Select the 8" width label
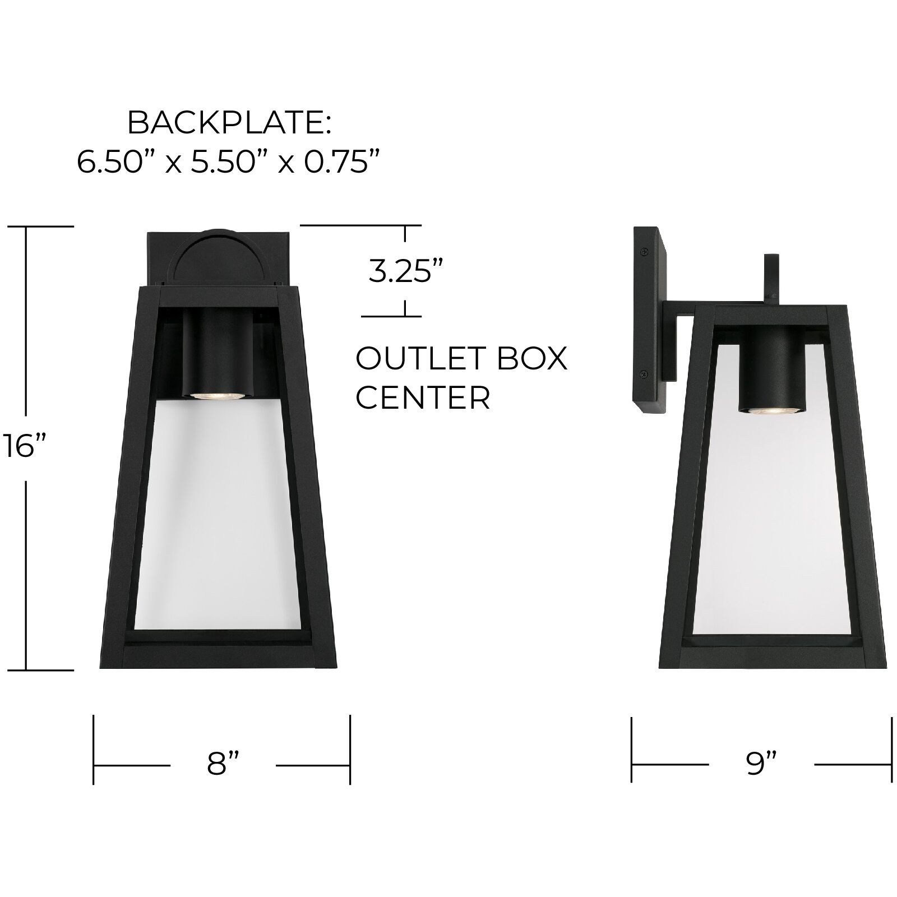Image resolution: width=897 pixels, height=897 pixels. [x=223, y=764]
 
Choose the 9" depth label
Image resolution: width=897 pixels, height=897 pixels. [x=761, y=764]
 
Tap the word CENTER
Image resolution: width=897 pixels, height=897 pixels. [x=423, y=397]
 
